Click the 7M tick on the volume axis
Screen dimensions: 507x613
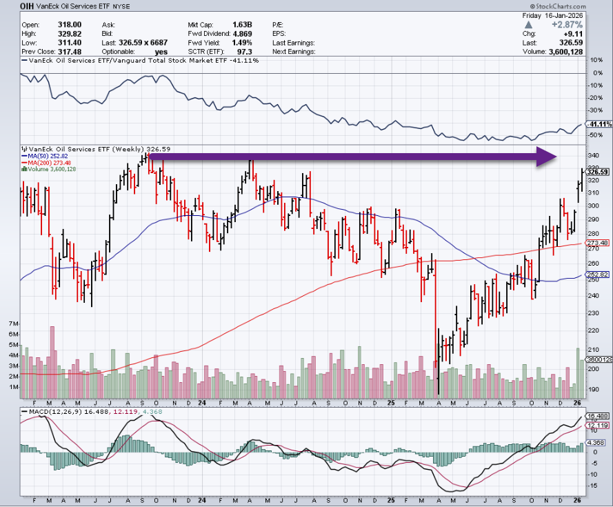[x=12, y=323]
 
